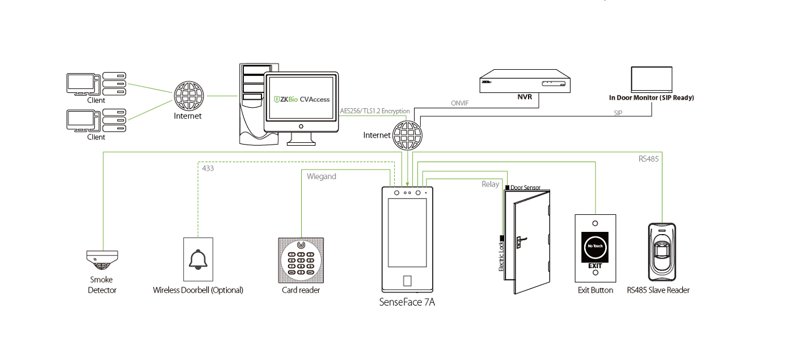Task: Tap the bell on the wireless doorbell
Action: point(198,259)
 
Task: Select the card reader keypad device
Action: point(301,260)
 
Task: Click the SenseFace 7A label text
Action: point(407,303)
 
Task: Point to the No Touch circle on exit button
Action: point(595,247)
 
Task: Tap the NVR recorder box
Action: point(523,82)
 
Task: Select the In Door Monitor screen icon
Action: point(652,80)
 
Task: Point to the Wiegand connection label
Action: point(322,176)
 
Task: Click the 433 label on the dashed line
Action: point(208,168)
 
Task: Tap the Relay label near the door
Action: point(491,184)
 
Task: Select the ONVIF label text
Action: point(460,104)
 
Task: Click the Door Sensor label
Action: point(525,187)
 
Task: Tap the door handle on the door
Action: point(520,240)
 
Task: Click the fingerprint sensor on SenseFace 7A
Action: point(407,281)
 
